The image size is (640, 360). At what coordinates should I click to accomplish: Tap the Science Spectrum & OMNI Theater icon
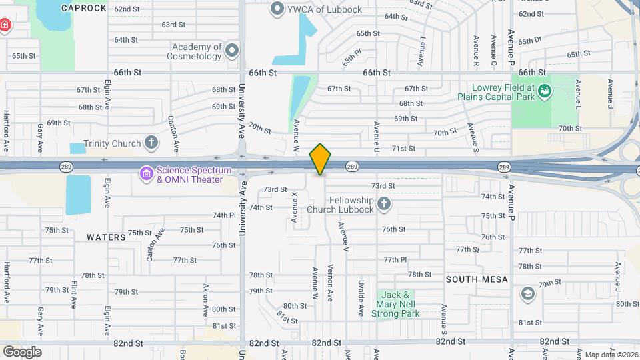click(145, 174)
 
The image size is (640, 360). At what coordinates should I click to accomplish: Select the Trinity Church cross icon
click(152, 143)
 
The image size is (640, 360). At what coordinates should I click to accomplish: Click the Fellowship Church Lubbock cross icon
click(383, 203)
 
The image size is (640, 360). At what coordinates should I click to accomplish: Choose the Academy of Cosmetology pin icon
click(232, 51)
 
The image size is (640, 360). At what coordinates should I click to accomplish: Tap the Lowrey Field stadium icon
click(545, 91)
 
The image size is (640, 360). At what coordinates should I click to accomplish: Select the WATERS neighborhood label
click(106, 237)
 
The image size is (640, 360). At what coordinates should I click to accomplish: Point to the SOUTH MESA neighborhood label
click(477, 279)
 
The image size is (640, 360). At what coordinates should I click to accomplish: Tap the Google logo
click(22, 352)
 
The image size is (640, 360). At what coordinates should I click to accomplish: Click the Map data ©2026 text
click(609, 355)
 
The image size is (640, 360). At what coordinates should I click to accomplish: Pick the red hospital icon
click(5, 26)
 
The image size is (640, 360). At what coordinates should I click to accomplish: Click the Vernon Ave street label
click(330, 282)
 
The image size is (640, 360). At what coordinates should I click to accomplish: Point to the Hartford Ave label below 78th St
click(8, 291)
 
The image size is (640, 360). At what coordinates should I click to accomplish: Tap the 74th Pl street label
click(224, 215)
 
